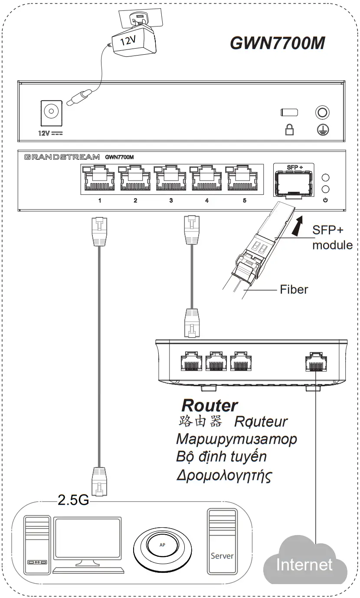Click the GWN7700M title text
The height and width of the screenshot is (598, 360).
click(277, 43)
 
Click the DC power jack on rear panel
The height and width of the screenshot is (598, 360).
click(51, 112)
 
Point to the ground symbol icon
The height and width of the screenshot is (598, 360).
click(322, 129)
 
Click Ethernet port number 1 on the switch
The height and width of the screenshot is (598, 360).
click(99, 179)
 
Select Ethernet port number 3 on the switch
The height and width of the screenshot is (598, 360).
click(171, 179)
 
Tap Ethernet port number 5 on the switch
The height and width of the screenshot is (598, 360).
click(244, 179)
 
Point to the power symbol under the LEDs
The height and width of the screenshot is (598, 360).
click(325, 200)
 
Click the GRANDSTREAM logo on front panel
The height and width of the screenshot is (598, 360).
click(62, 157)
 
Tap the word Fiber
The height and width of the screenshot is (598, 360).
click(294, 289)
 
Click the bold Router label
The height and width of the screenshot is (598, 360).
click(209, 405)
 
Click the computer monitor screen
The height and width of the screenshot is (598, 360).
click(88, 539)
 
